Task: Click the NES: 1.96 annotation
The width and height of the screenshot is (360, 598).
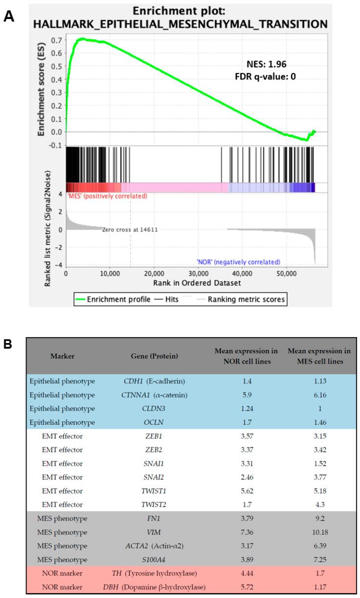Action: [267, 63]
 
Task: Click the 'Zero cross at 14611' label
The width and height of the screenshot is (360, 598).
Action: [129, 229]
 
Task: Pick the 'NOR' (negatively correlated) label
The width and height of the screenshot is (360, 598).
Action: [238, 262]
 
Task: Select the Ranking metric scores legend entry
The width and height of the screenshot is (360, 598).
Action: [246, 299]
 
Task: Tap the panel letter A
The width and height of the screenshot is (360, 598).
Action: [8, 17]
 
